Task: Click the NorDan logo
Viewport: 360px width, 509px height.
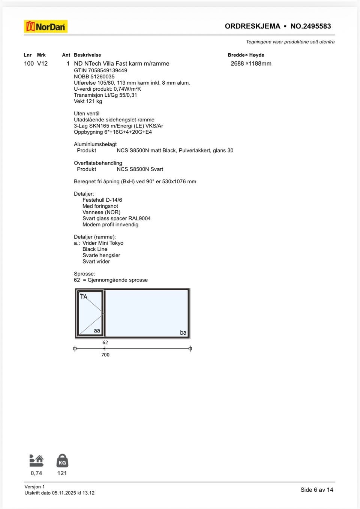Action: point(46,27)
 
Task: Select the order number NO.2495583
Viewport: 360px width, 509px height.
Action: point(310,26)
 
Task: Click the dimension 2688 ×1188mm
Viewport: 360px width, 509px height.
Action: point(251,64)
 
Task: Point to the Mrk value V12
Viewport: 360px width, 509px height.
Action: point(42,64)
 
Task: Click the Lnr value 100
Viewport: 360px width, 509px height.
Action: point(29,64)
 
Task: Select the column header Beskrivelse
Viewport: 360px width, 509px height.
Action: point(87,55)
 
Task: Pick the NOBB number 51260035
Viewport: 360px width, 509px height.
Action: point(102,76)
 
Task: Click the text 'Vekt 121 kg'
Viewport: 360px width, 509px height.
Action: point(88,101)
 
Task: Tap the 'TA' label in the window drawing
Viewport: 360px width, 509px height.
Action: point(84,296)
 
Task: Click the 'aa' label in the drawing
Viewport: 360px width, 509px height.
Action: point(97,331)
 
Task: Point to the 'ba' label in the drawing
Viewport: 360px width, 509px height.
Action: point(183,332)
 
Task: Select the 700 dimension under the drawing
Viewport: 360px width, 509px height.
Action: point(105,355)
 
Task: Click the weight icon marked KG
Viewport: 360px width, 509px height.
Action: point(62,461)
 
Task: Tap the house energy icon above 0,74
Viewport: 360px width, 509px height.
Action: point(36,460)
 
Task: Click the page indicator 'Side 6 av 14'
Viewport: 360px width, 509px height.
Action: point(316,490)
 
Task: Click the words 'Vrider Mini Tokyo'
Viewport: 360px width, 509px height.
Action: point(103,243)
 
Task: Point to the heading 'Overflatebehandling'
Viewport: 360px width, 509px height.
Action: point(98,163)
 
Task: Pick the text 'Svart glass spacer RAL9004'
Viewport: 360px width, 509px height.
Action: point(116,219)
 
